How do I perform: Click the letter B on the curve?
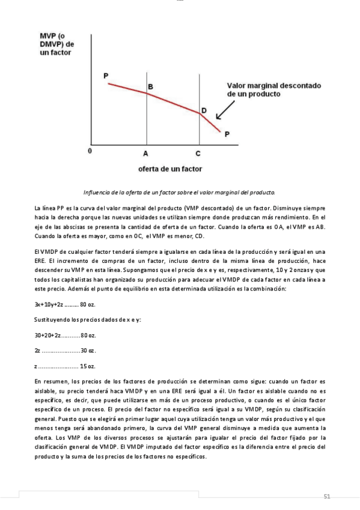(x=150, y=87)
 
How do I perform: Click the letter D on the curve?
(x=204, y=110)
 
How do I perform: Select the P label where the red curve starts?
(x=106, y=76)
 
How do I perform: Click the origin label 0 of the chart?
(x=90, y=152)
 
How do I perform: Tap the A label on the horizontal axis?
(x=146, y=153)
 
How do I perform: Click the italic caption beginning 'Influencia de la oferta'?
(x=179, y=192)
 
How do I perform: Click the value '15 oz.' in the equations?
(x=88, y=366)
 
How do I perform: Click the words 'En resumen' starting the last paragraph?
(x=49, y=381)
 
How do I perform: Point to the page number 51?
(x=327, y=496)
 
